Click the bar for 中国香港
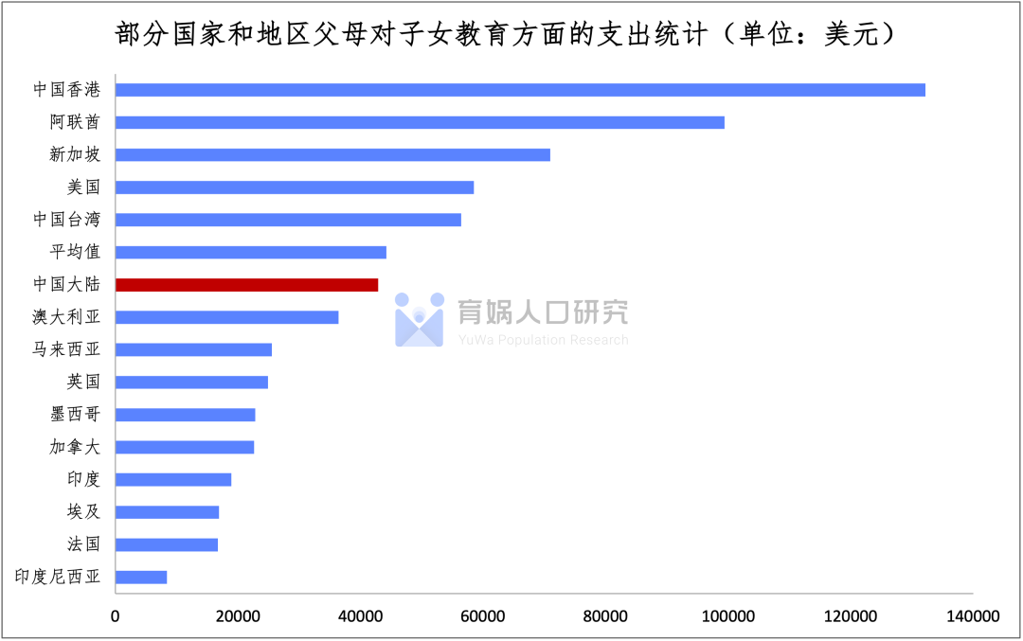520,90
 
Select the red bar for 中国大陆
246,285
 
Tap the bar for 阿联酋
420,122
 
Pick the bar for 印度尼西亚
141,578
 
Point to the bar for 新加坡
332,155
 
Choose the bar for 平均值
251,253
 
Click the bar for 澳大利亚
226,317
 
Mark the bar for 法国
167,544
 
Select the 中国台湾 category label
66,220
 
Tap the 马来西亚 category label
66,349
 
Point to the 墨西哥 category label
75,415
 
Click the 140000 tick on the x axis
973,616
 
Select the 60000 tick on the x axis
482,616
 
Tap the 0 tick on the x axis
116,616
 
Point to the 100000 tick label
727,616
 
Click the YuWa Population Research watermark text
543,340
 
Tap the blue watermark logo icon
419,319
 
